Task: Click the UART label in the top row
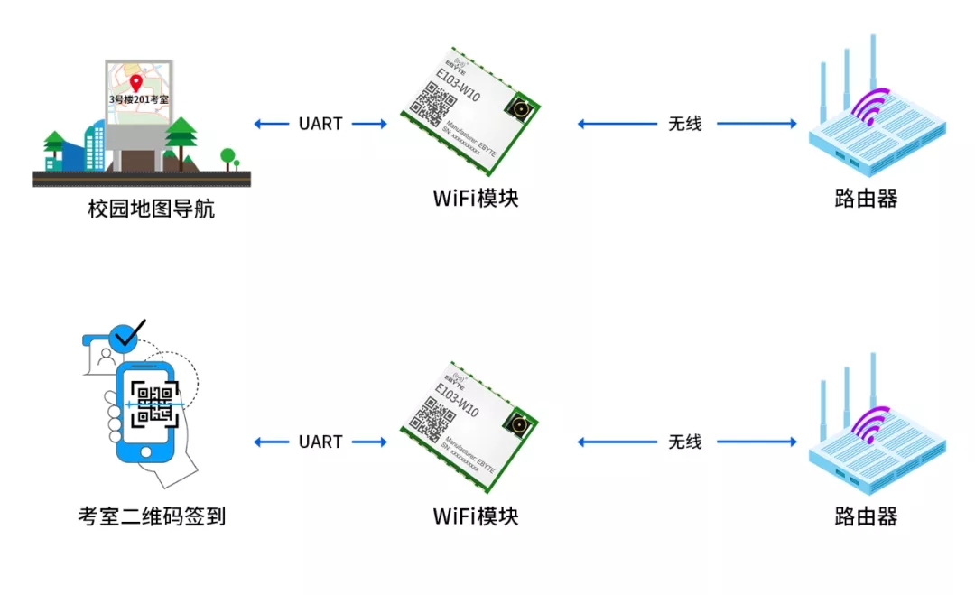tap(320, 124)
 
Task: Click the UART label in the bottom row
tap(320, 442)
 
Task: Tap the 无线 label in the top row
tap(684, 124)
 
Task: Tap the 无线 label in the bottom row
tap(684, 442)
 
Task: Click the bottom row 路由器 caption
tap(866, 516)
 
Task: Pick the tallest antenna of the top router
tap(873, 63)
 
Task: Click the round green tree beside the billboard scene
tap(227, 156)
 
